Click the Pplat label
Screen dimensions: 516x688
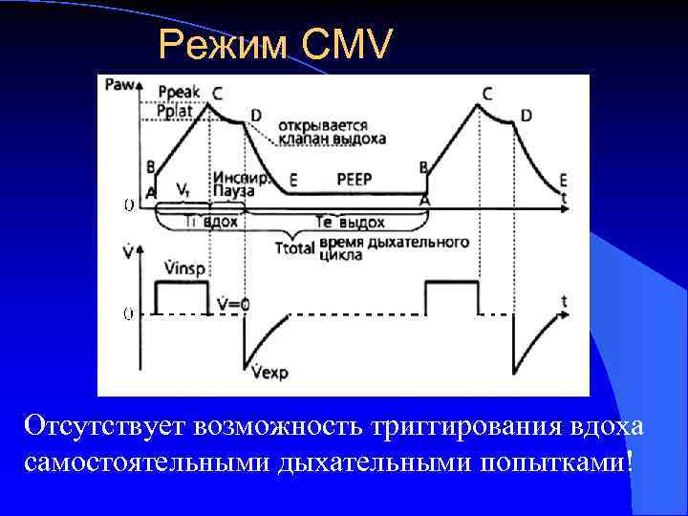[176, 113]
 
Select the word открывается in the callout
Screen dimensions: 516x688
[331, 124]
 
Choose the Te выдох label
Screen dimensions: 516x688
[349, 223]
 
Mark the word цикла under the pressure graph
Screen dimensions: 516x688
[341, 255]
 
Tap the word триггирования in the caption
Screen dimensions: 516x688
[424, 423]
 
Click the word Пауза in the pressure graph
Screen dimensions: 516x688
[233, 191]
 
